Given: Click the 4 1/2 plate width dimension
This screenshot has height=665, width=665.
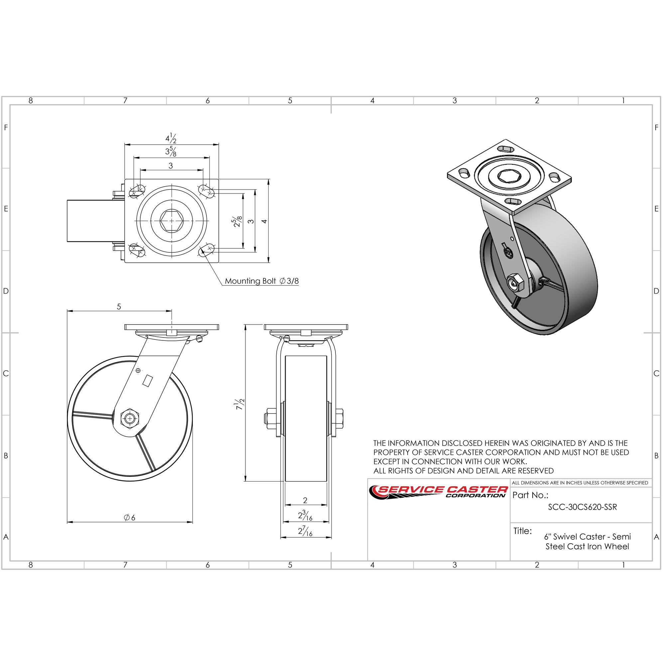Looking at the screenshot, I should pyautogui.click(x=171, y=138).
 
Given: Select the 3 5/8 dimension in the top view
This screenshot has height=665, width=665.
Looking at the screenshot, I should pyautogui.click(x=171, y=151).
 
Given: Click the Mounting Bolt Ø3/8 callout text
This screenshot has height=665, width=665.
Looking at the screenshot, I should pyautogui.click(x=261, y=281).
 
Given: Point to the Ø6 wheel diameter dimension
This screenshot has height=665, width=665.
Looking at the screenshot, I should pyautogui.click(x=129, y=517).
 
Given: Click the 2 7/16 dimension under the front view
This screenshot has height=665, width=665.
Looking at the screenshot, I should pyautogui.click(x=305, y=531).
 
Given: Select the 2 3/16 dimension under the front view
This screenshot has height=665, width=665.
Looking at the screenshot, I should pyautogui.click(x=305, y=516).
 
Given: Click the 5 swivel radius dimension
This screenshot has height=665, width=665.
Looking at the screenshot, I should pyautogui.click(x=119, y=306).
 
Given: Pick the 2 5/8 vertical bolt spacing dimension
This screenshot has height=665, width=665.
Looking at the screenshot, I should pyautogui.click(x=237, y=221).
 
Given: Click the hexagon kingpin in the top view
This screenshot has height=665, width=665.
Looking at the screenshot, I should pyautogui.click(x=172, y=221).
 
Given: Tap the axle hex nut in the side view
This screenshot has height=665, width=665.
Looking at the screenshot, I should pyautogui.click(x=129, y=419).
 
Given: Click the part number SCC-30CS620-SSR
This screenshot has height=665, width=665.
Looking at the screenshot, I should pyautogui.click(x=583, y=507).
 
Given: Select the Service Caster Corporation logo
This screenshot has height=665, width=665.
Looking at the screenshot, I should pyautogui.click(x=439, y=491).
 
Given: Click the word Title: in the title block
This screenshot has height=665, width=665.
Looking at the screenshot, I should pyautogui.click(x=522, y=531).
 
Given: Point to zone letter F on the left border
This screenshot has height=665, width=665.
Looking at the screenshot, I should pyautogui.click(x=6, y=128).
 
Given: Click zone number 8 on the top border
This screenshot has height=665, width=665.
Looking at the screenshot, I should pyautogui.click(x=31, y=100).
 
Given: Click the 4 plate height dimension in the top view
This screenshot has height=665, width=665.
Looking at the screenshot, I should pyautogui.click(x=264, y=221).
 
